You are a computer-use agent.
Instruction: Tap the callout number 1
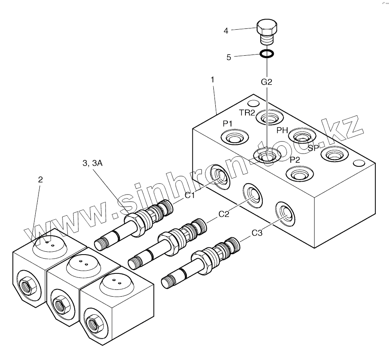213,79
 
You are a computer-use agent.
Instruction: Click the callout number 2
40,180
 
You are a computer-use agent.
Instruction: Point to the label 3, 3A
92,164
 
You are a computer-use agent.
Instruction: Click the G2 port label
267,82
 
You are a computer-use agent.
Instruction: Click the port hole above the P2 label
299,174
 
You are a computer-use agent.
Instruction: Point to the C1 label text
190,196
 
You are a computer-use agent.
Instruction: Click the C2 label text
224,214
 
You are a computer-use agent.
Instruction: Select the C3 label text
257,233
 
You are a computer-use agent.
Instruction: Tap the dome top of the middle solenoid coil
83,264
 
